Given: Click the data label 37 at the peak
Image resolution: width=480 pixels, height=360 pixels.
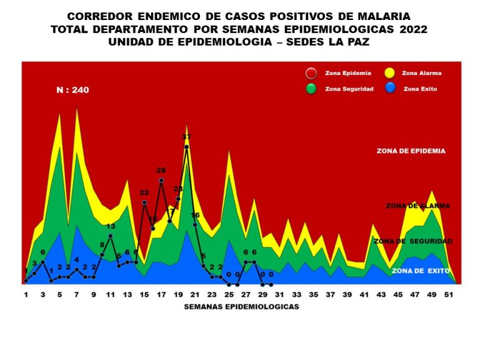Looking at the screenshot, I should click(186, 137).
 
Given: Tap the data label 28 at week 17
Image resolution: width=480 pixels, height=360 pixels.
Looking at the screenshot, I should click(161, 171).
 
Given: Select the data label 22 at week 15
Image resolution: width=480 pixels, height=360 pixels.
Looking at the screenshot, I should click(144, 193).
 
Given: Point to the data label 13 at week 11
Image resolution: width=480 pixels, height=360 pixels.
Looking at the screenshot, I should click(111, 226).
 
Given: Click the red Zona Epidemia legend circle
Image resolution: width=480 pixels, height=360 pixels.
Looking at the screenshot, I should click(311, 74).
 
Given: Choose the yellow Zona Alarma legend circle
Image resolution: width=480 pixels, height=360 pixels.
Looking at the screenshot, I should click(389, 74).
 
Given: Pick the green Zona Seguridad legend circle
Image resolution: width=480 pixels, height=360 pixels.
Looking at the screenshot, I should click(311, 89).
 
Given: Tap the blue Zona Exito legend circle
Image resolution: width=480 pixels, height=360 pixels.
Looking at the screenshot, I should click(389, 89).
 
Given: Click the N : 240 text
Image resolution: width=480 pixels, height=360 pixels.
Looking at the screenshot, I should click(72, 90).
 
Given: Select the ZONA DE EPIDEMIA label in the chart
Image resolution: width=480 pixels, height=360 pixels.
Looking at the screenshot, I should click(411, 151).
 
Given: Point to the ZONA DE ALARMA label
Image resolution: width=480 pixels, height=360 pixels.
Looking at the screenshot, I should click(418, 206).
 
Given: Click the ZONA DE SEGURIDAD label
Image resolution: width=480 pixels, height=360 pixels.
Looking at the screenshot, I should click(412, 241).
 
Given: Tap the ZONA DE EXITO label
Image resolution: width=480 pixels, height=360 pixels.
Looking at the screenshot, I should click(417, 271).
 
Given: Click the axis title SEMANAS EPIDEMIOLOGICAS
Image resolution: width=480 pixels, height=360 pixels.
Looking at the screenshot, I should click(241, 307).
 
